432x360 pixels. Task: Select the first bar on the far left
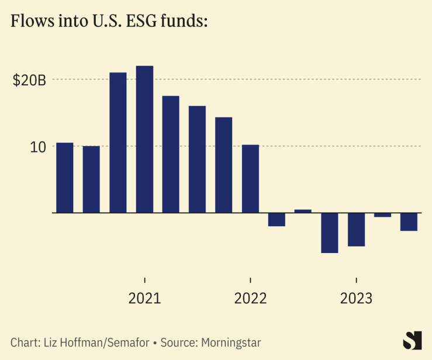(65, 178)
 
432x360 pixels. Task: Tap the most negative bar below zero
(330, 233)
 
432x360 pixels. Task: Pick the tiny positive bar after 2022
(303, 211)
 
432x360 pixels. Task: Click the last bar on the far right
(409, 221)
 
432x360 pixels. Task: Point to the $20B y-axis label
(29, 80)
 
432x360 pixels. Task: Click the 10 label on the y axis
(38, 147)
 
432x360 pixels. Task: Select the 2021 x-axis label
(144, 299)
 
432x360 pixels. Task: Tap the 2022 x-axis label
(250, 299)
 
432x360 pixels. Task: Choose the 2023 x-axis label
(356, 299)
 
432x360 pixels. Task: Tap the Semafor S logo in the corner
(413, 340)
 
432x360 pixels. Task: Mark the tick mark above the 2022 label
(250, 280)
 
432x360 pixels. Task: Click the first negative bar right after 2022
(277, 219)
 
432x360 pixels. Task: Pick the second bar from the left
(91, 179)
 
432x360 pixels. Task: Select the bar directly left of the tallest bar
(118, 143)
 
